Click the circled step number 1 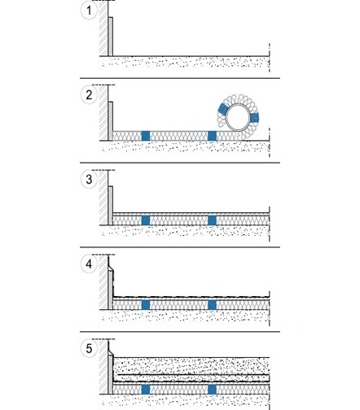point(89,11)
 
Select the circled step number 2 point(89,95)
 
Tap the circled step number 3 point(89,180)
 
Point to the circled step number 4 point(89,264)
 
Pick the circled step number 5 point(89,348)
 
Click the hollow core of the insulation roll point(238,118)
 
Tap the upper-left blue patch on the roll point(223,109)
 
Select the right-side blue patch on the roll point(254,118)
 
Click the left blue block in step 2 point(146,136)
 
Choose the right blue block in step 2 point(212,136)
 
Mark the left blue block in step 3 point(146,220)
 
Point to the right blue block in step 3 point(212,220)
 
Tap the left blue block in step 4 point(146,305)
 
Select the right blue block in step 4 point(212,305)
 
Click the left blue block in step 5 point(146,390)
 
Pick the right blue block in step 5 point(212,390)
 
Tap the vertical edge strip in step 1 point(111,37)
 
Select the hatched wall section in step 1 point(103,28)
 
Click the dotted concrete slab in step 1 point(185,63)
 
